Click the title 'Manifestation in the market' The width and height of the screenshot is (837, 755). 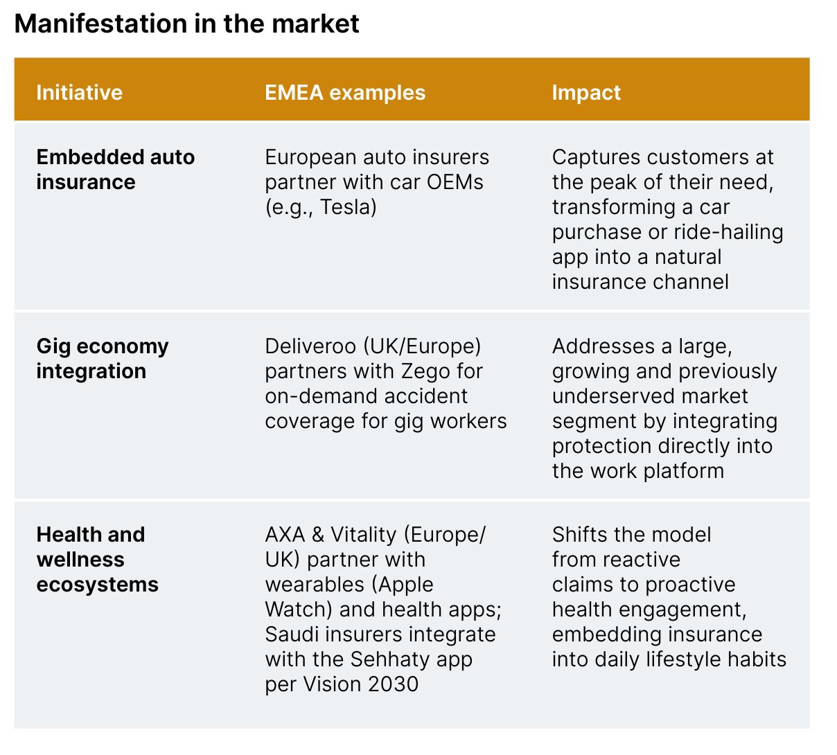pyautogui.click(x=186, y=24)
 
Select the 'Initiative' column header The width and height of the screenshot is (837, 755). pyautogui.click(x=79, y=92)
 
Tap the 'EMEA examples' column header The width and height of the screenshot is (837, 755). pyautogui.click(x=345, y=92)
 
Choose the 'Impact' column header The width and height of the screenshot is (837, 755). pyautogui.click(x=586, y=93)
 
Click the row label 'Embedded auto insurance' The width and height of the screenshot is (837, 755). pyautogui.click(x=116, y=169)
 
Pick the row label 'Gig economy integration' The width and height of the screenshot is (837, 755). pyautogui.click(x=103, y=359)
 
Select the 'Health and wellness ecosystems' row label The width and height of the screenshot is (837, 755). pyautogui.click(x=97, y=560)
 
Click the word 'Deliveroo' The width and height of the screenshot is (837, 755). pyautogui.click(x=310, y=346)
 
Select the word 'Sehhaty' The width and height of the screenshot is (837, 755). pyautogui.click(x=389, y=660)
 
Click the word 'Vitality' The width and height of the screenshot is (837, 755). pyautogui.click(x=364, y=535)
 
